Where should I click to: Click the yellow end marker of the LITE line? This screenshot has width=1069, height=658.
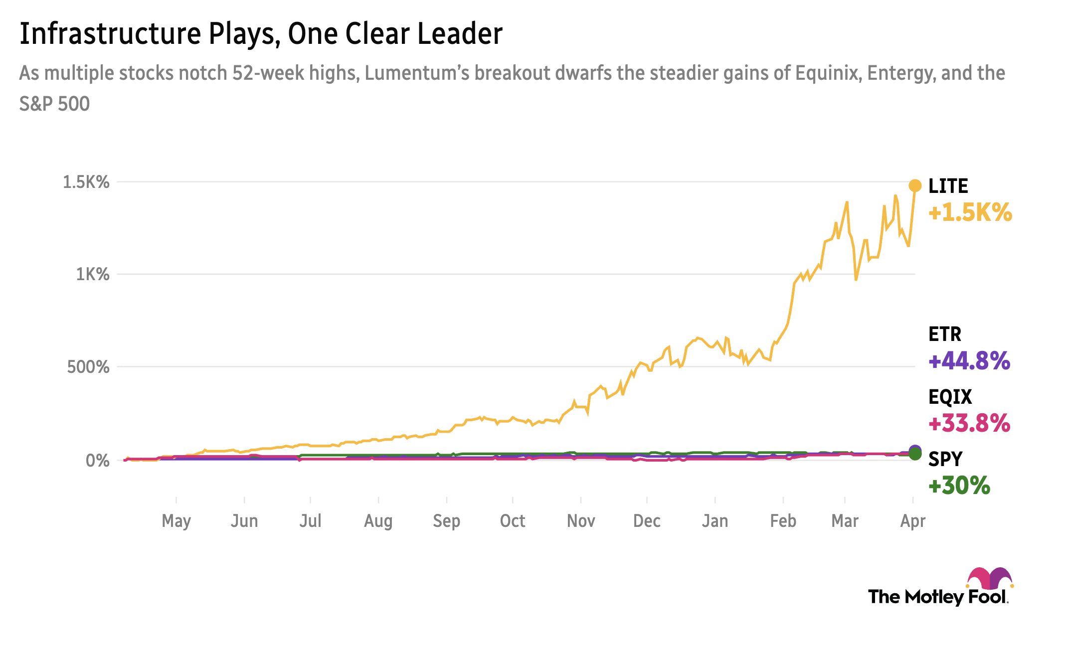[x=915, y=186]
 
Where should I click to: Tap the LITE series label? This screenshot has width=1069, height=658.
[x=948, y=186]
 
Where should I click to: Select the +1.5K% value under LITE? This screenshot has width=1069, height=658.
[x=970, y=212]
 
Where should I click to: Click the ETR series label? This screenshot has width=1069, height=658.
[x=944, y=334]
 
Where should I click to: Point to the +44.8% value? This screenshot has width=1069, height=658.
[x=969, y=360]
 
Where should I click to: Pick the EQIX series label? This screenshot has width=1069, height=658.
[x=950, y=397]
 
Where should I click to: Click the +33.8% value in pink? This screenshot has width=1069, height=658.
[x=969, y=423]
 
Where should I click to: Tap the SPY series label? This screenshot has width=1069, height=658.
[x=945, y=459]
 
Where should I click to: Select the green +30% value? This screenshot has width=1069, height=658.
[x=959, y=485]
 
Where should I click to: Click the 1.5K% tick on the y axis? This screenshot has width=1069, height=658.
[x=86, y=182]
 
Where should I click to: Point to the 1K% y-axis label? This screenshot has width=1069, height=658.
[x=92, y=274]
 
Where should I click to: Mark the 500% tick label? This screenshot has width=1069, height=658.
[x=88, y=367]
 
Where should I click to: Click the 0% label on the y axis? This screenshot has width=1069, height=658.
[x=97, y=460]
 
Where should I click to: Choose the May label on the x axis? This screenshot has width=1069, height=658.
[x=176, y=521]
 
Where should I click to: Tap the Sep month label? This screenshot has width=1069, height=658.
[x=446, y=521]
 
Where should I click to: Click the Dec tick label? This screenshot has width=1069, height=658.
[x=647, y=521]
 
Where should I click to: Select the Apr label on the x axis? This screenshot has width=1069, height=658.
[x=912, y=521]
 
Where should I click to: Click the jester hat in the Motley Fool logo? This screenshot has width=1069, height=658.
[x=990, y=578]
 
